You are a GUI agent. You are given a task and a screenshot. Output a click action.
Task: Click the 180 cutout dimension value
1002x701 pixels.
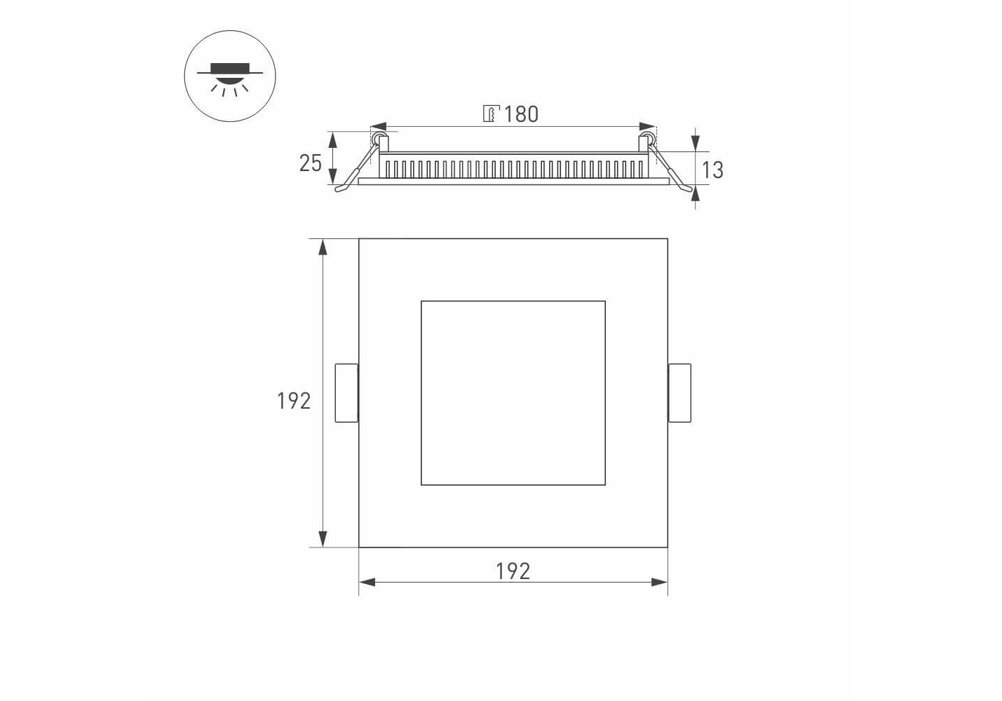pos(521,114)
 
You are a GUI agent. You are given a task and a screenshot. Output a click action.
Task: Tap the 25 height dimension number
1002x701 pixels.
pos(311,163)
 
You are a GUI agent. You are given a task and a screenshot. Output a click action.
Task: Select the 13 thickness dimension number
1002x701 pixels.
pos(712,170)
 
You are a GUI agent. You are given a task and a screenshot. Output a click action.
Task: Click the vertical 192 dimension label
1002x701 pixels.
pos(294,401)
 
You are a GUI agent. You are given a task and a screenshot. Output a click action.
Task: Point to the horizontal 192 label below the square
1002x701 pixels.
pos(513,571)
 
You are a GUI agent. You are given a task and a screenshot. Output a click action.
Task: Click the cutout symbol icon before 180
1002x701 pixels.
pos(491,114)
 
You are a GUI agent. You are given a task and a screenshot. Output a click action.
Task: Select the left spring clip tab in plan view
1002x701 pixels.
pos(346,393)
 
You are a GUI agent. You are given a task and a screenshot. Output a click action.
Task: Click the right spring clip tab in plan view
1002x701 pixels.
pos(679,393)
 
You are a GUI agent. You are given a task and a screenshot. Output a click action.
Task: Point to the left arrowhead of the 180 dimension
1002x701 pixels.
pos(379,126)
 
